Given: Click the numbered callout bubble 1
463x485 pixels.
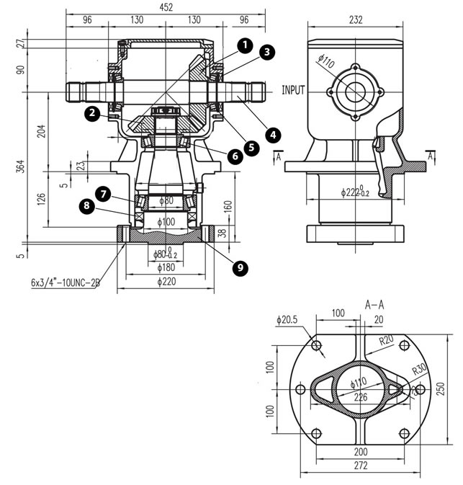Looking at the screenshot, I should click(x=245, y=45).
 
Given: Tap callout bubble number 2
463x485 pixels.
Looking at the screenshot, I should click(x=91, y=112).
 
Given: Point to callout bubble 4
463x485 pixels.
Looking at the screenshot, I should click(x=273, y=133).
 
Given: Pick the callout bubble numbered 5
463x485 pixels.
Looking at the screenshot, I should click(x=251, y=147).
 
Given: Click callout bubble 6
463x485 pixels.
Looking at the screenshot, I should click(x=234, y=156).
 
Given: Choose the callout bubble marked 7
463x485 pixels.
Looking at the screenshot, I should click(x=104, y=194).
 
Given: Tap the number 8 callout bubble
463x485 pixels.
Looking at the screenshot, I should click(x=87, y=207).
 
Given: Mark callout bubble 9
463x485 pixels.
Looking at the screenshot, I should click(x=241, y=267).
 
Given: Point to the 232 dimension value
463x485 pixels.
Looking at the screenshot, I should click(x=354, y=21).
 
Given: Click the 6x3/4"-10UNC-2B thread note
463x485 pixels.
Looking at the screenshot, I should click(x=65, y=284).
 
